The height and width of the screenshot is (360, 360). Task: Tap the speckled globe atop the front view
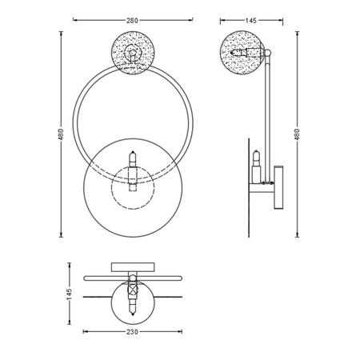[133, 53]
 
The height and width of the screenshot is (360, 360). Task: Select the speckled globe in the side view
[240, 52]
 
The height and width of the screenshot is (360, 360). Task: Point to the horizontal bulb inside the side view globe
[244, 55]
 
